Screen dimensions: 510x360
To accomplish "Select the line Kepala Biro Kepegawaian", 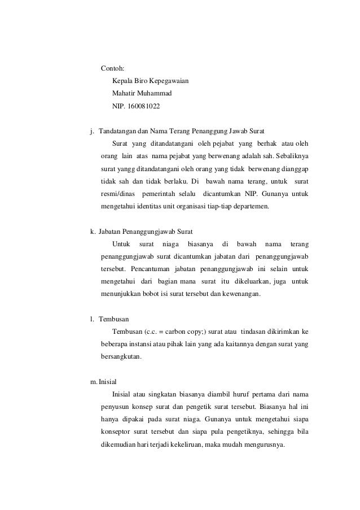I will coord(150,81).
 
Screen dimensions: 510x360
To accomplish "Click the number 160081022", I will coord(147,106).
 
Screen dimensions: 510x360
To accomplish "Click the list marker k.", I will coord(93,232).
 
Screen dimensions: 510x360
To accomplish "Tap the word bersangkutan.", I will coord(121,356).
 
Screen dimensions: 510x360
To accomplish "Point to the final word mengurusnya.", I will coord(264,444).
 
